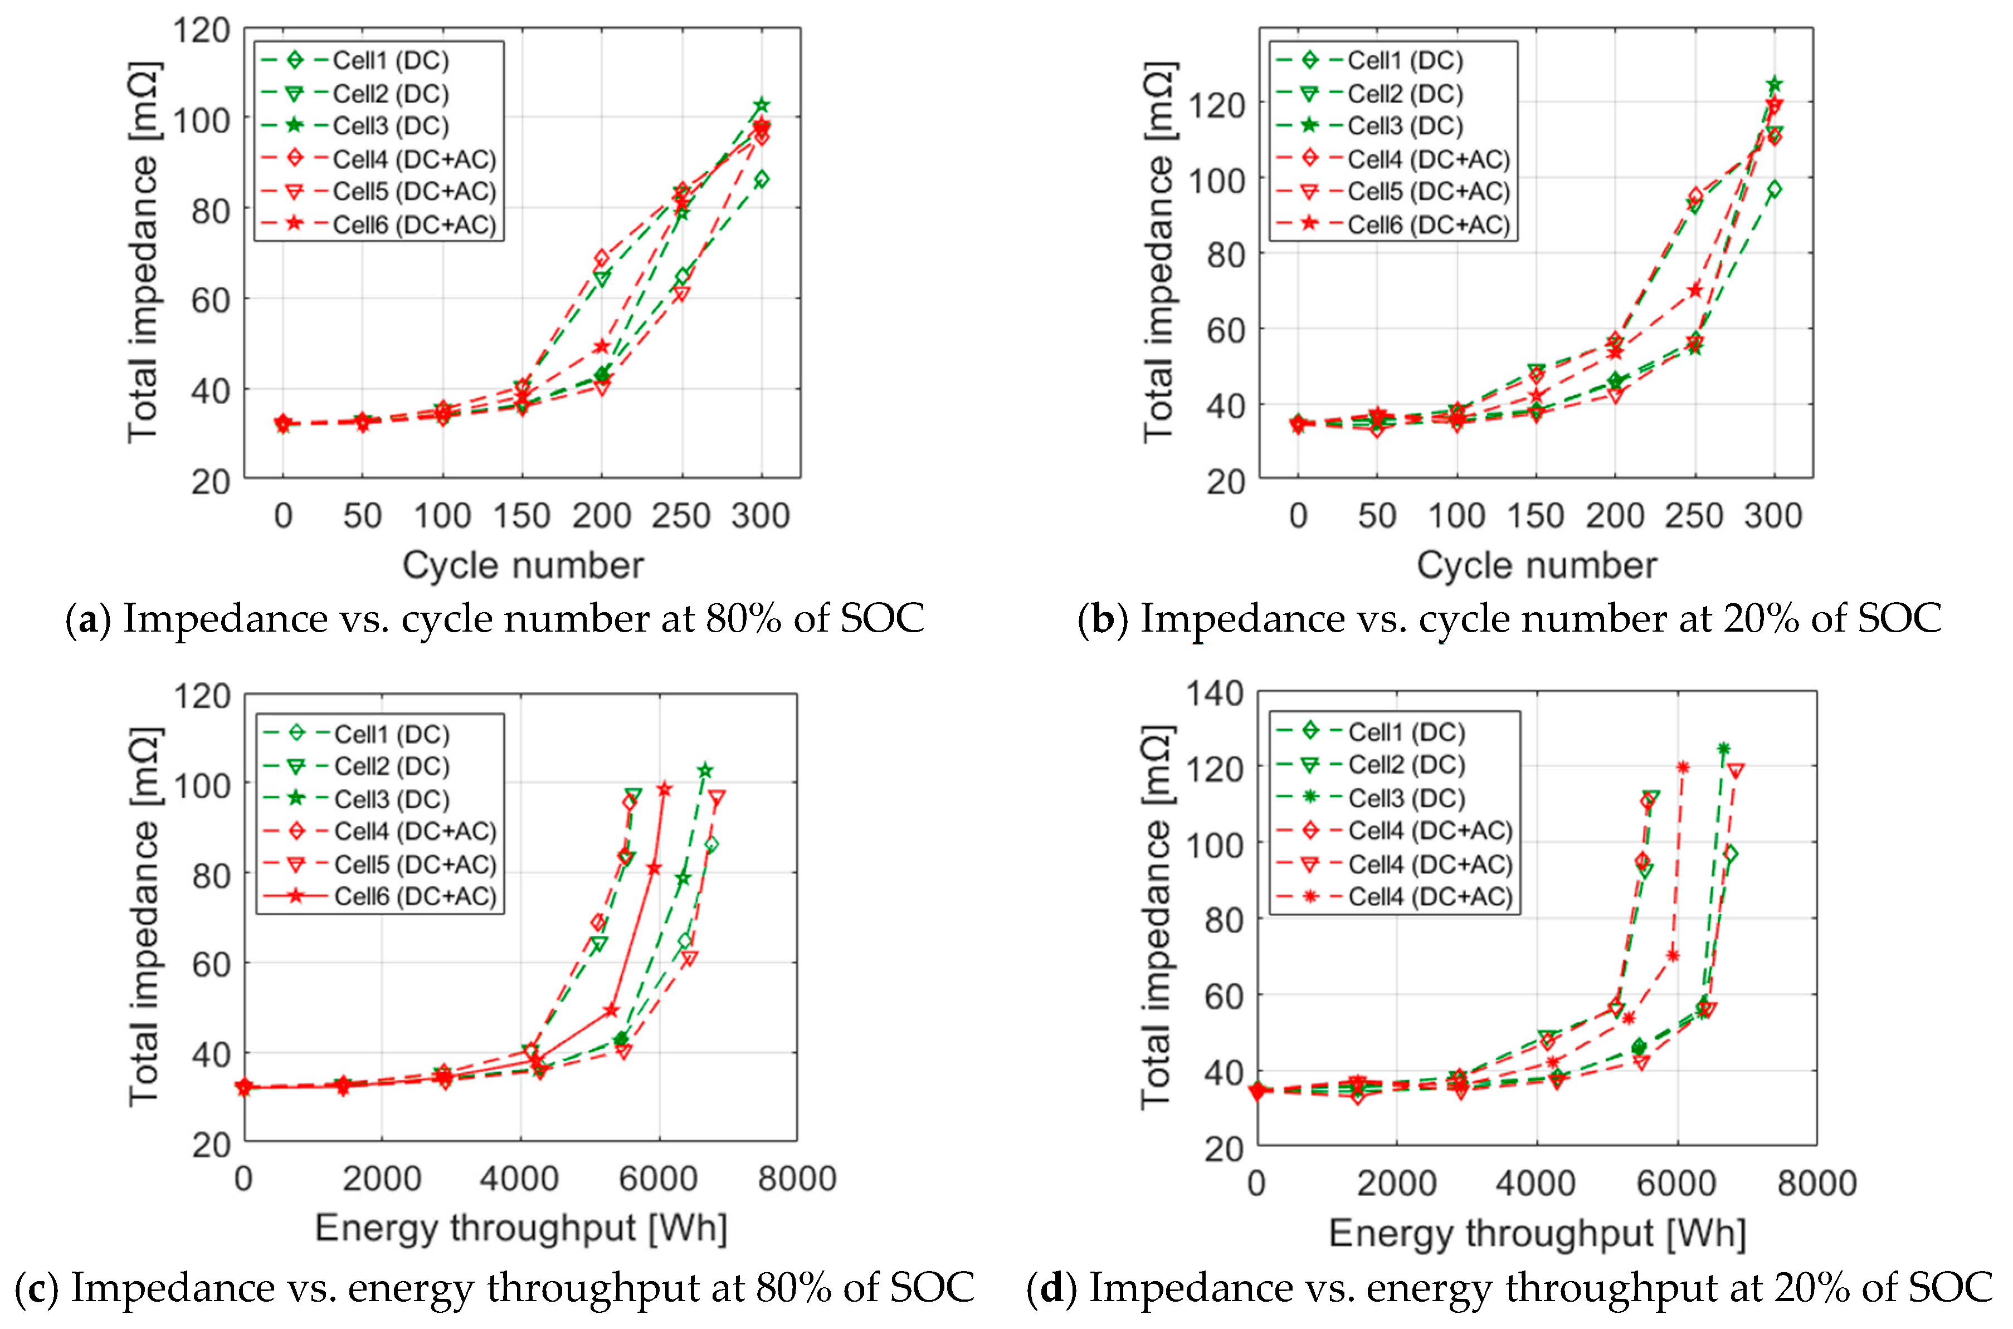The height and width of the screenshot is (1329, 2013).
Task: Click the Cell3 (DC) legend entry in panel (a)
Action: point(390,125)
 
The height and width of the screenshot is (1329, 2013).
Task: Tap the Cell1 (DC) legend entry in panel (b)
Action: point(1405,60)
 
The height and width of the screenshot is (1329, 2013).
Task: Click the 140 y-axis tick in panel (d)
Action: point(1213,694)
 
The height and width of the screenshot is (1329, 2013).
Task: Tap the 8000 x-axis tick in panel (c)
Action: point(797,1178)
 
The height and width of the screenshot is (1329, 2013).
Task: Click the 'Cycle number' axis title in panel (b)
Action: point(1536,565)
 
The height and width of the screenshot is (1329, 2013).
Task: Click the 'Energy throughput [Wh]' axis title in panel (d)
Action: point(1537,1233)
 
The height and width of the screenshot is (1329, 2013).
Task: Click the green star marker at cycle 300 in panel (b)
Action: point(1774,84)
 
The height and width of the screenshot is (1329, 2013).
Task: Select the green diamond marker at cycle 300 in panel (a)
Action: point(761,180)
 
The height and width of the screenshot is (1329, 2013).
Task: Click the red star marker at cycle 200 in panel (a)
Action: point(602,346)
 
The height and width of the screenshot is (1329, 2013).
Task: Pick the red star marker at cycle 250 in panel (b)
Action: point(1694,290)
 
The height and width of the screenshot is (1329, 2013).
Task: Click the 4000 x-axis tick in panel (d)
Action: point(1536,1183)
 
